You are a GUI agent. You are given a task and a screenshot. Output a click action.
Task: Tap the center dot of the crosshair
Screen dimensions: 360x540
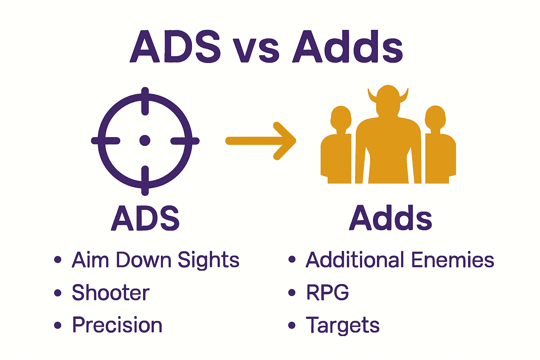pos(145,141)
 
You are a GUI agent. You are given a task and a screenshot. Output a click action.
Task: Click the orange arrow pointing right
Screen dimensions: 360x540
pos(261,141)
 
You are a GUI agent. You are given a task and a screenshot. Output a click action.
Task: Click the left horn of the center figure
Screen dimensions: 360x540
pos(372,96)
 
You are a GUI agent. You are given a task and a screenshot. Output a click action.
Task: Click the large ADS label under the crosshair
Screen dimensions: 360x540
pos(145,218)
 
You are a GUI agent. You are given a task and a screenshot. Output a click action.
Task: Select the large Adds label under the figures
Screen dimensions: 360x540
pos(390,218)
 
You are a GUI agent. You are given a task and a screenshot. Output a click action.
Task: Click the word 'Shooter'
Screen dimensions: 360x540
pos(111,292)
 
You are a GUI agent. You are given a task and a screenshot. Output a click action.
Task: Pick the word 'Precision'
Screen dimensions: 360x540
pos(117,325)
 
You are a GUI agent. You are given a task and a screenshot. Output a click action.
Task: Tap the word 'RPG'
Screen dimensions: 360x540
pos(327,292)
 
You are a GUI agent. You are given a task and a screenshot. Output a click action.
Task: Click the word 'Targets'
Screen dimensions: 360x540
pos(342,326)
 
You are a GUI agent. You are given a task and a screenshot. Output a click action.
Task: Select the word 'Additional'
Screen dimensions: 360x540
pos(355,260)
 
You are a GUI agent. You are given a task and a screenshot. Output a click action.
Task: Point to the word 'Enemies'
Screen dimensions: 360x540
pos(453,260)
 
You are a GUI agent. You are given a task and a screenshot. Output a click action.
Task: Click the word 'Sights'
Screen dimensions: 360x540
pos(208,261)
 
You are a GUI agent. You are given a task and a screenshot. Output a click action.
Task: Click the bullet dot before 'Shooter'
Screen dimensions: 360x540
pos(58,292)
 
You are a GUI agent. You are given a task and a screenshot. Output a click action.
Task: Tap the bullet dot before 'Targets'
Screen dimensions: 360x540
pos(292,325)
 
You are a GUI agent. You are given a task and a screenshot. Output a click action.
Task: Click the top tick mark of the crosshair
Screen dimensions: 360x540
pos(145,102)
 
